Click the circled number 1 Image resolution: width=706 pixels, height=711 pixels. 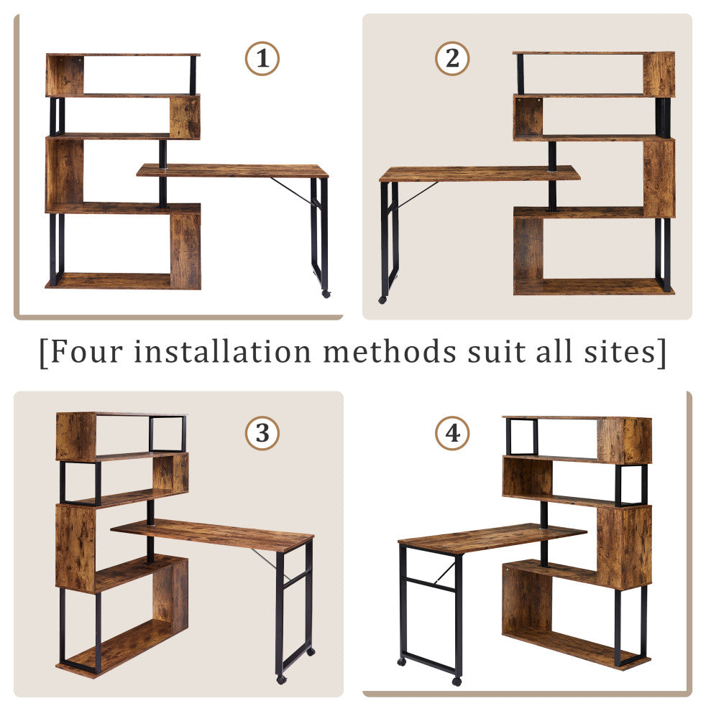coord(262,58)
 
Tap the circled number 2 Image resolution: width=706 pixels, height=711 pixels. coord(452,58)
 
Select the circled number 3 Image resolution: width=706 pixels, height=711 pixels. coord(262,433)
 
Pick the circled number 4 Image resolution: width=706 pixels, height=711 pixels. coord(452,433)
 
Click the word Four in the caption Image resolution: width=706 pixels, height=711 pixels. coord(87,351)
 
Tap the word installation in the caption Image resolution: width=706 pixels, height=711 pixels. coord(222,351)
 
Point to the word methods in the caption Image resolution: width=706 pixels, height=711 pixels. coord(390,351)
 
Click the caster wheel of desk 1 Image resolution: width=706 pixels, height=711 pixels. coord(326,294)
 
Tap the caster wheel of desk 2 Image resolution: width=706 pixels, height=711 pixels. coord(382,299)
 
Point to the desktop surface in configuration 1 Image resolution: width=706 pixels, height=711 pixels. coord(232,170)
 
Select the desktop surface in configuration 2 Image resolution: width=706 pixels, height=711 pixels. coord(480,174)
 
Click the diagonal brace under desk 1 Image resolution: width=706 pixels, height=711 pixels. coord(293,191)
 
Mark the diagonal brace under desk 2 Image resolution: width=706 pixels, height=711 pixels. coord(417,195)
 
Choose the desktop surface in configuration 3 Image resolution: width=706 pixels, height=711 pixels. coord(213,535)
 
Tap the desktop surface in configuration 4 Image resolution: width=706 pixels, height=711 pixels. coord(492,538)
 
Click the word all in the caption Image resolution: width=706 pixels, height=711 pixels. coord(554,351)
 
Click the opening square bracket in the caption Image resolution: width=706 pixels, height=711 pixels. coord(44,353)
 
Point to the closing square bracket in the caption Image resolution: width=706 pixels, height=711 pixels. coord(662,353)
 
